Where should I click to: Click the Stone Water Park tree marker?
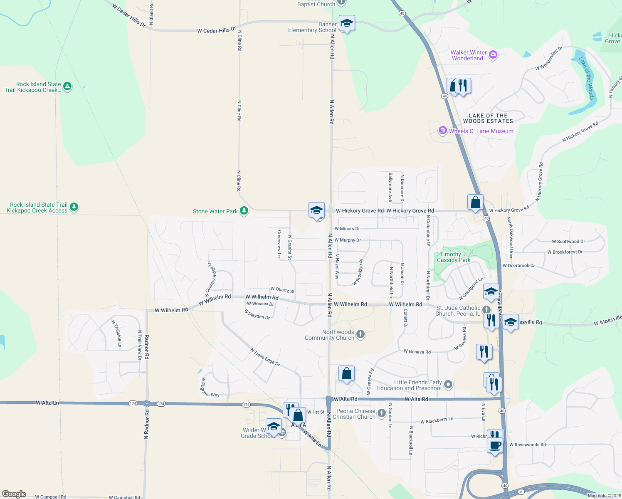pyautogui.click(x=244, y=210)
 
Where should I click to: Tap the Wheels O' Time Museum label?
pyautogui.click(x=481, y=131)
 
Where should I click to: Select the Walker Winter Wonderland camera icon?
pyautogui.click(x=493, y=55)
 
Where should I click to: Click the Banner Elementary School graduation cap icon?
pyautogui.click(x=346, y=24)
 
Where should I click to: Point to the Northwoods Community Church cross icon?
pyautogui.click(x=360, y=334)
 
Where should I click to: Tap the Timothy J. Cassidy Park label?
pyautogui.click(x=454, y=257)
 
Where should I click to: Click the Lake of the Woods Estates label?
pyautogui.click(x=488, y=119)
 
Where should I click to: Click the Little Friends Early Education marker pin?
pyautogui.click(x=448, y=385)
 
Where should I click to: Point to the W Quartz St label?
pyautogui.click(x=282, y=290)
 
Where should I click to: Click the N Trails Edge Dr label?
pyautogui.click(x=265, y=357)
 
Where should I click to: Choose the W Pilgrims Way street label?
pyautogui.click(x=210, y=388)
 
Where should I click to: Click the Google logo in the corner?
pyautogui.click(x=14, y=494)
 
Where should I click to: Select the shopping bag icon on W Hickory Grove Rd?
pyautogui.click(x=475, y=203)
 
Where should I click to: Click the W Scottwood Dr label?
pyautogui.click(x=568, y=242)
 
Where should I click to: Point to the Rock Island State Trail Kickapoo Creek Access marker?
pyautogui.click(x=74, y=207)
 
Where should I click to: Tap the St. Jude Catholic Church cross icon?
pyautogui.click(x=486, y=309)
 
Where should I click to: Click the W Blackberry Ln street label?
pyautogui.click(x=437, y=421)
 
